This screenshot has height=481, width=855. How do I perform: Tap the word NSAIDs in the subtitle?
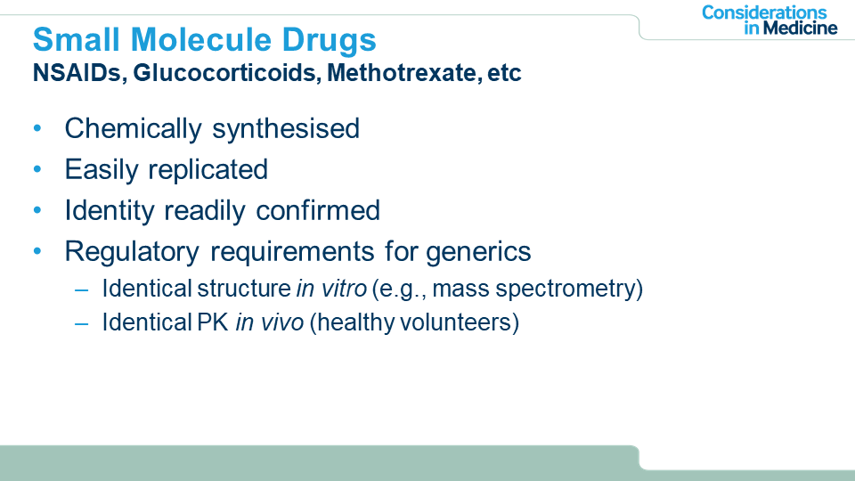77,72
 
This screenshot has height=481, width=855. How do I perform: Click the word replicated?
208,170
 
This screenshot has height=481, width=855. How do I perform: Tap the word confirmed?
318,210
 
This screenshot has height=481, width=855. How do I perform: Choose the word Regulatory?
132,252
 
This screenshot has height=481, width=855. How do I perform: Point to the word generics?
478,252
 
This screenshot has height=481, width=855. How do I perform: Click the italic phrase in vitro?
331,289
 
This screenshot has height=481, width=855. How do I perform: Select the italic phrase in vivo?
269,322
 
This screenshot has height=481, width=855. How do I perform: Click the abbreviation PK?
212,322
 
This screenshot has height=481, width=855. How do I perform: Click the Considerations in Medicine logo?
769,20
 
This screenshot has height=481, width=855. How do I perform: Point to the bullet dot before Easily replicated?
37,169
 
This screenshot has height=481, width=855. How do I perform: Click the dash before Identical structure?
81,289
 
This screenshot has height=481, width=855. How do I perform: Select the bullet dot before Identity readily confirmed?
37,210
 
